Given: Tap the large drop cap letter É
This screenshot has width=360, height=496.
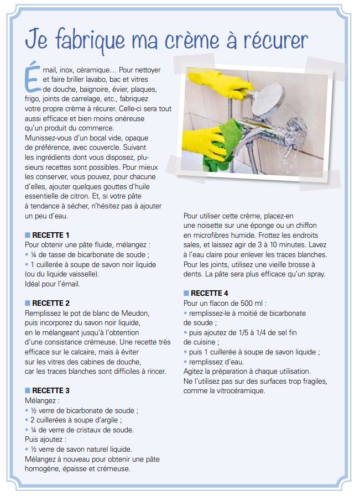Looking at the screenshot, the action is (33, 77).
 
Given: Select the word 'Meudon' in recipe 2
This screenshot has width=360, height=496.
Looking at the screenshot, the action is (135, 313).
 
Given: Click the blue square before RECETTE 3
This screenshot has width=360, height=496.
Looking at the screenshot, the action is (28, 390).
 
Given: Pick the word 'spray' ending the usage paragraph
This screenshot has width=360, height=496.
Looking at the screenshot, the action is (315, 274).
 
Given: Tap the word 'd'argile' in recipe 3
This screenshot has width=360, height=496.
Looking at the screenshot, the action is (107, 420).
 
